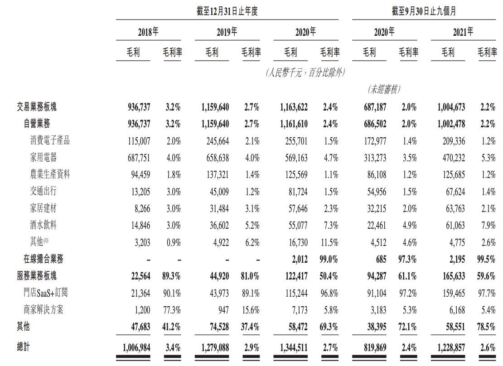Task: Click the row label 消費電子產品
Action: tap(50, 141)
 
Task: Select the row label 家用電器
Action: tap(44, 158)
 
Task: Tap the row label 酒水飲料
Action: tap(44, 225)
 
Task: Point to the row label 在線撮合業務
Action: tap(44, 259)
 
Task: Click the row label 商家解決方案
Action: tap(44, 309)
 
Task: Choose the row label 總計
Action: tap(24, 347)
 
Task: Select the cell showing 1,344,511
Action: tap(291, 348)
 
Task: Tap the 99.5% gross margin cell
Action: tap(487, 259)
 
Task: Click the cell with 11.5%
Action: tap(329, 242)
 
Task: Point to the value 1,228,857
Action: tap(449, 348)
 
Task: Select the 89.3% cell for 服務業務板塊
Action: tap(172, 276)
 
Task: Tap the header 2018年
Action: tap(148, 32)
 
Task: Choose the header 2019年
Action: tap(227, 32)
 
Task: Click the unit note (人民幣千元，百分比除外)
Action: tap(305, 72)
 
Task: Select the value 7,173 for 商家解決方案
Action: tap(298, 310)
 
